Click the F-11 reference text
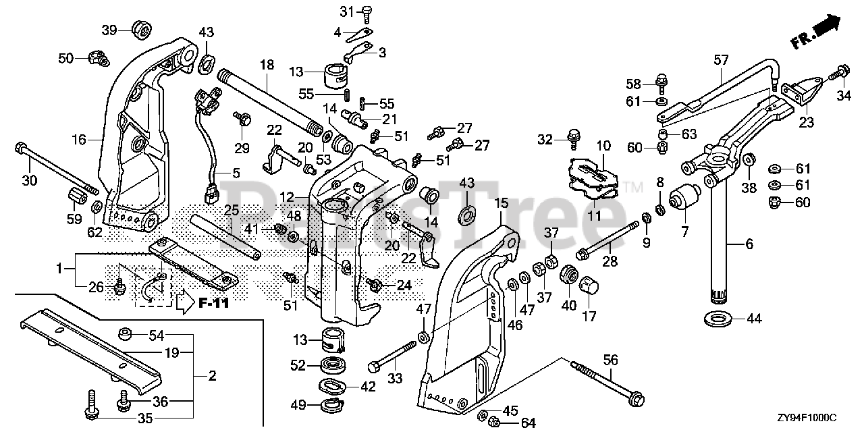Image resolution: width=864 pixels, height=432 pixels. tap(214, 303)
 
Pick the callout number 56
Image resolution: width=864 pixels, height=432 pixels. tap(610, 361)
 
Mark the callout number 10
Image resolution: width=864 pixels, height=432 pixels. tap(603, 146)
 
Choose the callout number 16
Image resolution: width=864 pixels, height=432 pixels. tap(80, 139)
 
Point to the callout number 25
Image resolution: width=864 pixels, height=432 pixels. tap(232, 211)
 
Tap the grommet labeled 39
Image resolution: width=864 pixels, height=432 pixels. tap(140, 29)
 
